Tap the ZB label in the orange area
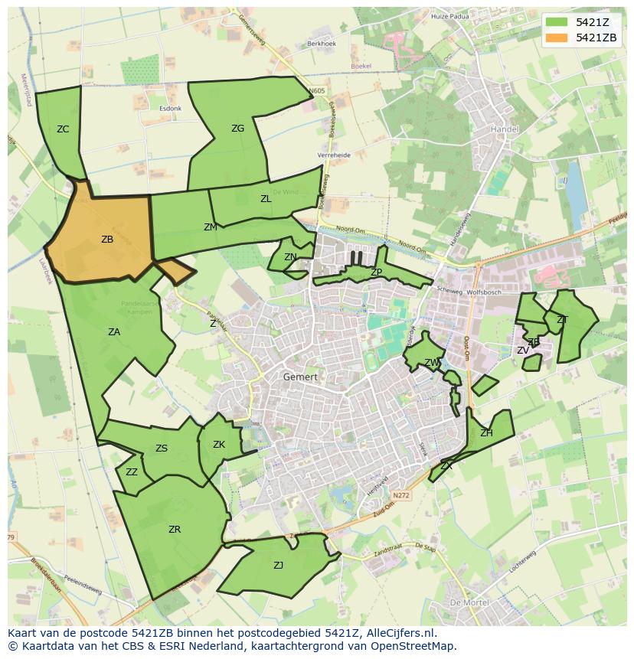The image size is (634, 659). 107,240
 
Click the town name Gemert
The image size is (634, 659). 300,377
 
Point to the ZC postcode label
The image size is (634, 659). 63,129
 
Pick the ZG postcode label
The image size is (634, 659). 237,129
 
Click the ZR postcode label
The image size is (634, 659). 175,530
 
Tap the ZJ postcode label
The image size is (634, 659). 278,566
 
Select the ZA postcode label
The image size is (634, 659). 114,332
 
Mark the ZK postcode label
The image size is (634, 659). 219,445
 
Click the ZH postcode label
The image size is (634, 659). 486,433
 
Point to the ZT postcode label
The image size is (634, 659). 562,320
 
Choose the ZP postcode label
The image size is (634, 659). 376,272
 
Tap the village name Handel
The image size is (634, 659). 504,129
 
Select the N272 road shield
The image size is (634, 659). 401,496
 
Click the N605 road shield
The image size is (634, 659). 317,91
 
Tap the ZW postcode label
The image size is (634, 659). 433,363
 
